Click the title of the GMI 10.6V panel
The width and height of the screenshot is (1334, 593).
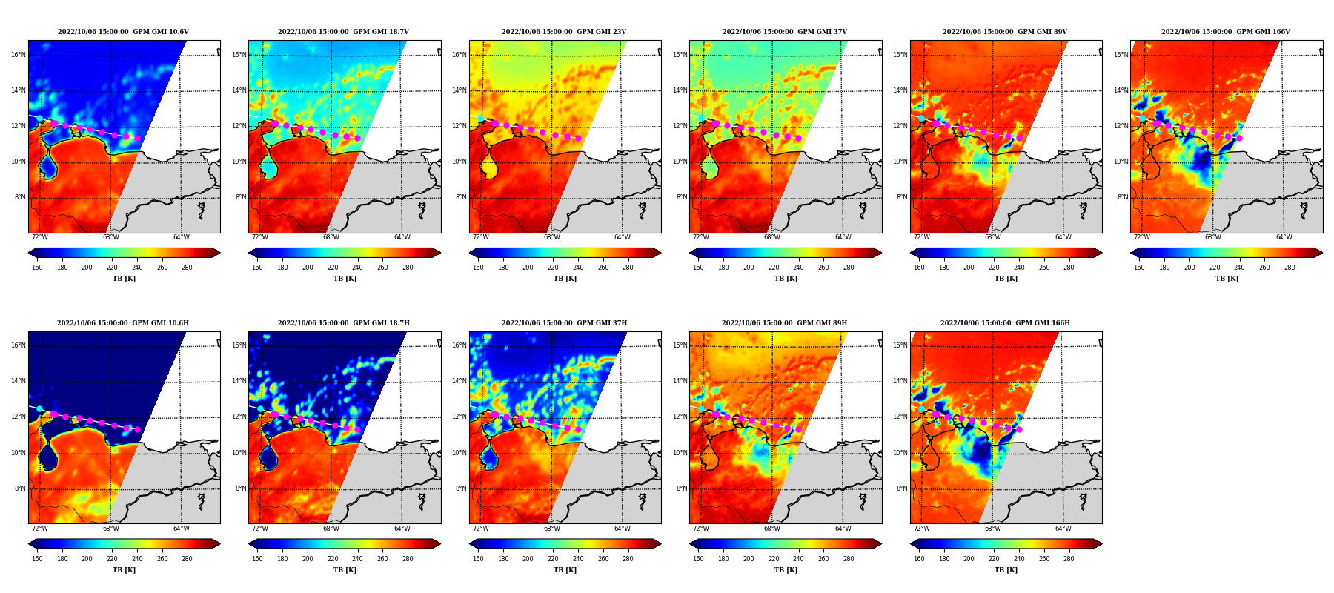(123, 32)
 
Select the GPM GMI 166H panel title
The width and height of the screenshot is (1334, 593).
(1005, 323)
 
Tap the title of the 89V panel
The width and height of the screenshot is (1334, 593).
(1005, 32)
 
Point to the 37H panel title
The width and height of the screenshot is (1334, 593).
(564, 323)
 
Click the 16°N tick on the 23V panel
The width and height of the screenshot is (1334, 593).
(459, 55)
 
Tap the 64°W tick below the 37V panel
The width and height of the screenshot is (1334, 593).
(843, 237)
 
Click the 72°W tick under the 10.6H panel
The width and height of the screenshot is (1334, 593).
(39, 529)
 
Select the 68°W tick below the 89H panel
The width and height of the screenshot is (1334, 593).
(771, 529)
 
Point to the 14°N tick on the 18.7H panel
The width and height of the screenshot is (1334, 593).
(239, 381)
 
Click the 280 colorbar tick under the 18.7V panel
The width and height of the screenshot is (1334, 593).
(408, 268)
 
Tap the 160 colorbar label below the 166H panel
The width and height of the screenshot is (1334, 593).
(919, 559)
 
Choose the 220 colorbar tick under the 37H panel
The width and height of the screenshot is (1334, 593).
(553, 559)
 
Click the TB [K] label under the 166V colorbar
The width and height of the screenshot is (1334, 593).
(1227, 279)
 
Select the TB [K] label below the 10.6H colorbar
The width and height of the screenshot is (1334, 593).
(124, 570)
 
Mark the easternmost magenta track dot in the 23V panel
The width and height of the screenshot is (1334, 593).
(578, 138)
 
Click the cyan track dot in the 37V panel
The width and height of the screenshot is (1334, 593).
(701, 118)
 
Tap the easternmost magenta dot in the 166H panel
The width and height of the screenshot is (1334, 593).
(1019, 429)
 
